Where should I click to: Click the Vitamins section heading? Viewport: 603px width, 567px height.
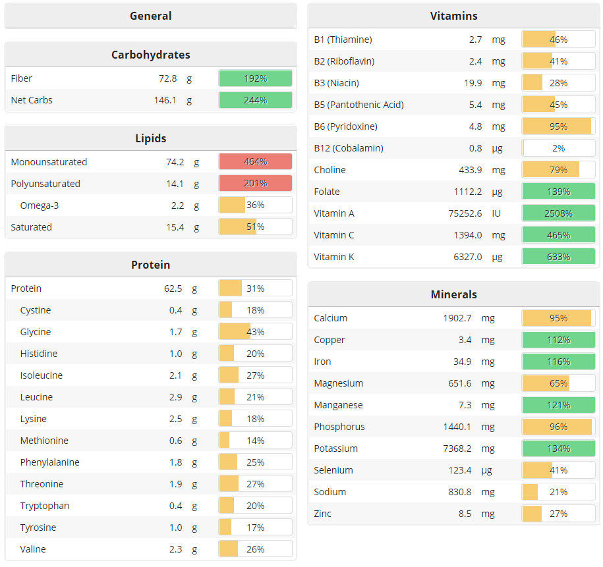click(x=453, y=16)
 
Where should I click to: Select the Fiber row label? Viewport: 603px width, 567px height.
click(x=22, y=78)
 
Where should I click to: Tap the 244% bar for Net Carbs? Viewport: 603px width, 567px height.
click(x=255, y=100)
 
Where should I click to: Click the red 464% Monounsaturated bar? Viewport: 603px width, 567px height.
click(x=255, y=162)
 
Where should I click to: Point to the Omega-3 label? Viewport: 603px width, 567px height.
click(x=40, y=205)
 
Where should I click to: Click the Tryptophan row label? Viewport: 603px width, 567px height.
click(x=45, y=506)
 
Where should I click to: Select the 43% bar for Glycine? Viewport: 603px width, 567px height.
click(x=255, y=332)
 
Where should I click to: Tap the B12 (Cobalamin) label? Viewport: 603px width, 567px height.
click(x=349, y=148)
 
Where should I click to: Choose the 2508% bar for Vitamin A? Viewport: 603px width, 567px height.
click(x=558, y=213)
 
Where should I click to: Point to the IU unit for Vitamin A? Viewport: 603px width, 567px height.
click(x=496, y=213)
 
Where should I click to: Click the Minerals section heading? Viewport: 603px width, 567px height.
click(x=453, y=294)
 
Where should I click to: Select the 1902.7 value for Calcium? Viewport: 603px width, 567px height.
click(x=457, y=318)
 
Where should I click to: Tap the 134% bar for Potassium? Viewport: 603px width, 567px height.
click(x=558, y=448)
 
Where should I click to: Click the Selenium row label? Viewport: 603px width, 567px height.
click(x=333, y=470)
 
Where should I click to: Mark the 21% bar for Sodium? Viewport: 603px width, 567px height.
click(x=558, y=492)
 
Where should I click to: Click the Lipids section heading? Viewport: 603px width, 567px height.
click(x=151, y=138)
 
